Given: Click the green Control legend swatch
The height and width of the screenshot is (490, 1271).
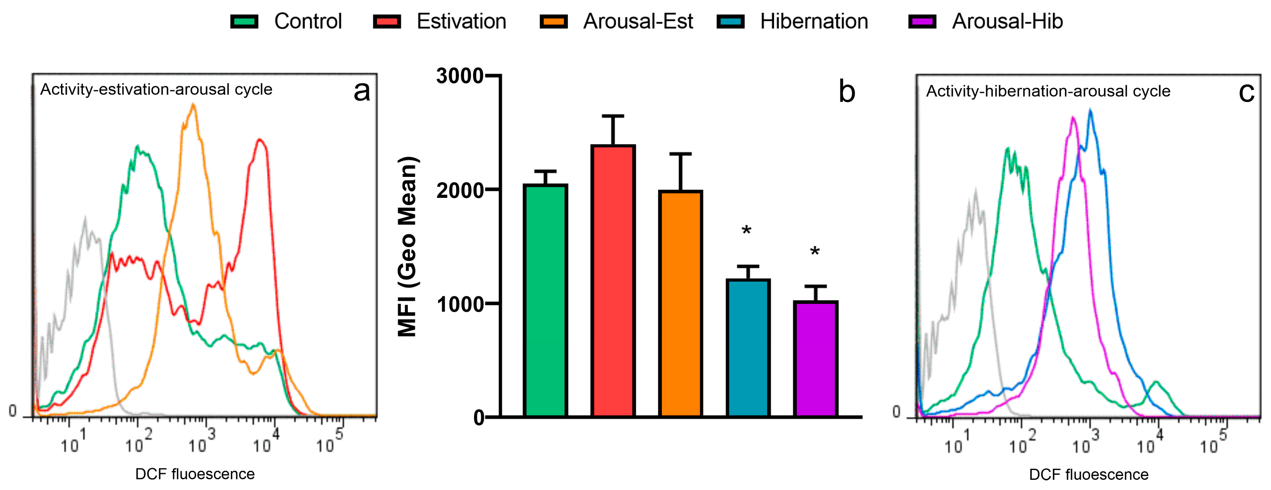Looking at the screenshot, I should (x=244, y=22).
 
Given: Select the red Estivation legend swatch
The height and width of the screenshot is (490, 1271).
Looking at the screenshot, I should (x=387, y=22).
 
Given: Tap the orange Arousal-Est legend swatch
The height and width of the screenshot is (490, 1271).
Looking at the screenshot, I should (x=553, y=22).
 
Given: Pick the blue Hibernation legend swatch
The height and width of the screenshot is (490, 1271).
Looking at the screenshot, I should (x=730, y=22).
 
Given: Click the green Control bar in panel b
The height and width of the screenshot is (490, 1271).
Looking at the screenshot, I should (x=545, y=301).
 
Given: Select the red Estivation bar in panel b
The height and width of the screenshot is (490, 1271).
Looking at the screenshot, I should (x=613, y=281).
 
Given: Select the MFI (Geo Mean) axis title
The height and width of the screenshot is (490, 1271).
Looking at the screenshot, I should (x=408, y=247).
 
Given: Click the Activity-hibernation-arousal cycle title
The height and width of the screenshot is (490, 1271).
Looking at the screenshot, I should (x=1048, y=91).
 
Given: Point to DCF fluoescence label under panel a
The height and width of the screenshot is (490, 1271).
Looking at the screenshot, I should (x=195, y=474).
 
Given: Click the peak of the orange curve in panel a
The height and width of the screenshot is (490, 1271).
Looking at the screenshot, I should (x=193, y=105).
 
